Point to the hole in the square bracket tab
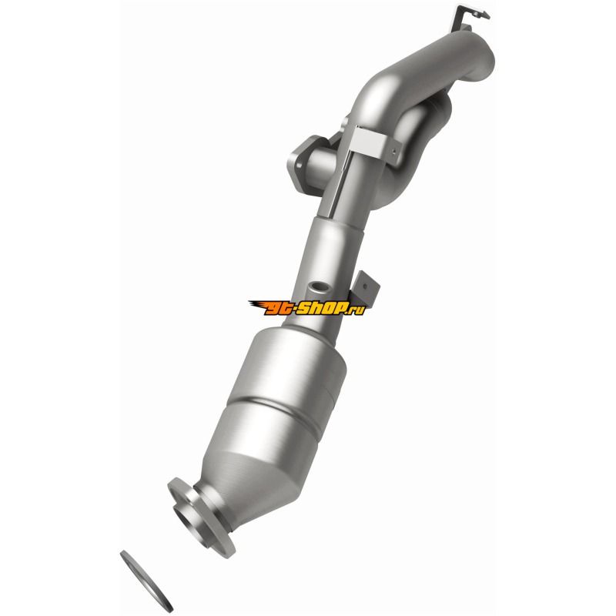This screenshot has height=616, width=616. (365, 286)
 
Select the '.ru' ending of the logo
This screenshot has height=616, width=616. (357, 310)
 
